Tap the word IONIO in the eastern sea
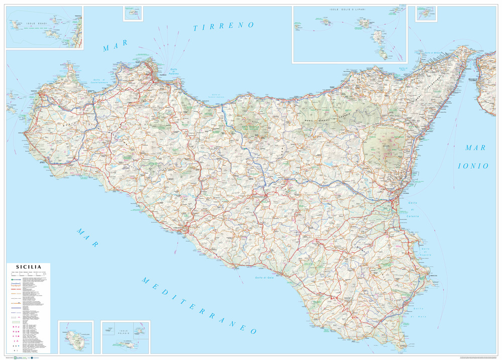point(472,166)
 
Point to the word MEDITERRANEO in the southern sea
point(199,305)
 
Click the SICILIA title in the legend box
point(29,267)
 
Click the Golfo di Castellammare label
point(100,80)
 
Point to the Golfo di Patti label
point(402,69)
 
